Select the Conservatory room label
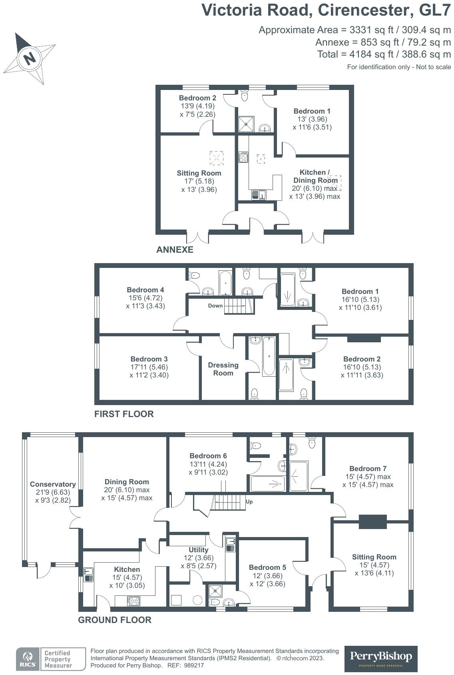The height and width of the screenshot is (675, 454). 53,484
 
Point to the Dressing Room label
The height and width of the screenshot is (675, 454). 223,369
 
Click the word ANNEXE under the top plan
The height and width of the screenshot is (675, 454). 175,250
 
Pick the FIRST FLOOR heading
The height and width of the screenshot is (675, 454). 124,414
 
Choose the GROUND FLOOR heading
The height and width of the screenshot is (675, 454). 115,620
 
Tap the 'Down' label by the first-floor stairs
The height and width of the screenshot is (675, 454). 215,306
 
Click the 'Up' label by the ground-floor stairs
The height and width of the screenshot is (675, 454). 249,501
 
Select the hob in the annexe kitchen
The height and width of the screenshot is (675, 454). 243,157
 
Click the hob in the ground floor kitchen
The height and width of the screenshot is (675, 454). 133,601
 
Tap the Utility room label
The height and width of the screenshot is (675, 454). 198,550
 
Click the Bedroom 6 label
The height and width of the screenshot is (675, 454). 208,456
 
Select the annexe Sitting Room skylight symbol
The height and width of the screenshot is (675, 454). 217,158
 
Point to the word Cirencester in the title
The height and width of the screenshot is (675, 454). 366,10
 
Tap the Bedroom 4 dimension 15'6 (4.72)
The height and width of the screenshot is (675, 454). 145,298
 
